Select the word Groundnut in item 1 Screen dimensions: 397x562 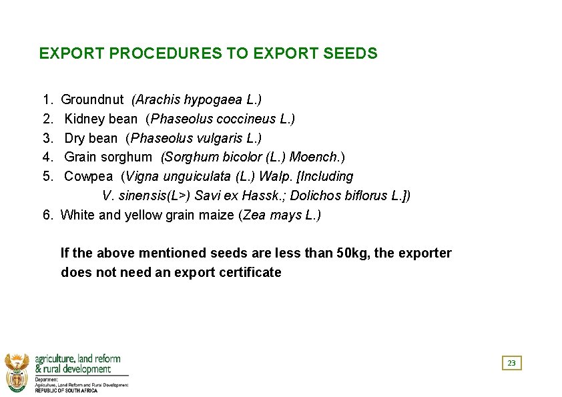click(x=92, y=100)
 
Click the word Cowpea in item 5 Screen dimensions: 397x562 click(x=88, y=177)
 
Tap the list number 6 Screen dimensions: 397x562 click(x=47, y=216)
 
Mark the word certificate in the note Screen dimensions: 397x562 click(x=250, y=272)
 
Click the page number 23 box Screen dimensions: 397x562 click(x=511, y=363)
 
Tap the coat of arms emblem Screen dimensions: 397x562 click(x=17, y=371)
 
